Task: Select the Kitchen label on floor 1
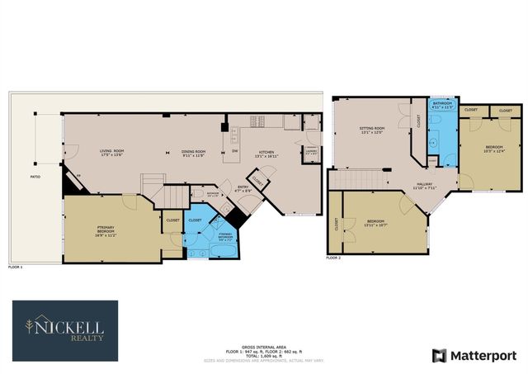tap(266, 153)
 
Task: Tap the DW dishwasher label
tap(235, 151)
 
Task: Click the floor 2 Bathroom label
tap(443, 105)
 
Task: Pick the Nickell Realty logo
tap(64, 330)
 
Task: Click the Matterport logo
tap(471, 355)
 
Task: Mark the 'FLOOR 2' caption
tap(333, 258)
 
